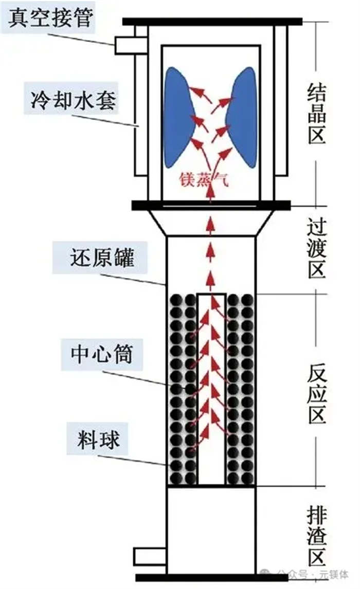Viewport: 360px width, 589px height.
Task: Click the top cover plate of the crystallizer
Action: coord(211,22)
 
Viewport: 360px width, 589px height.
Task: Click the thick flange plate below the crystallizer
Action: coord(211,206)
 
